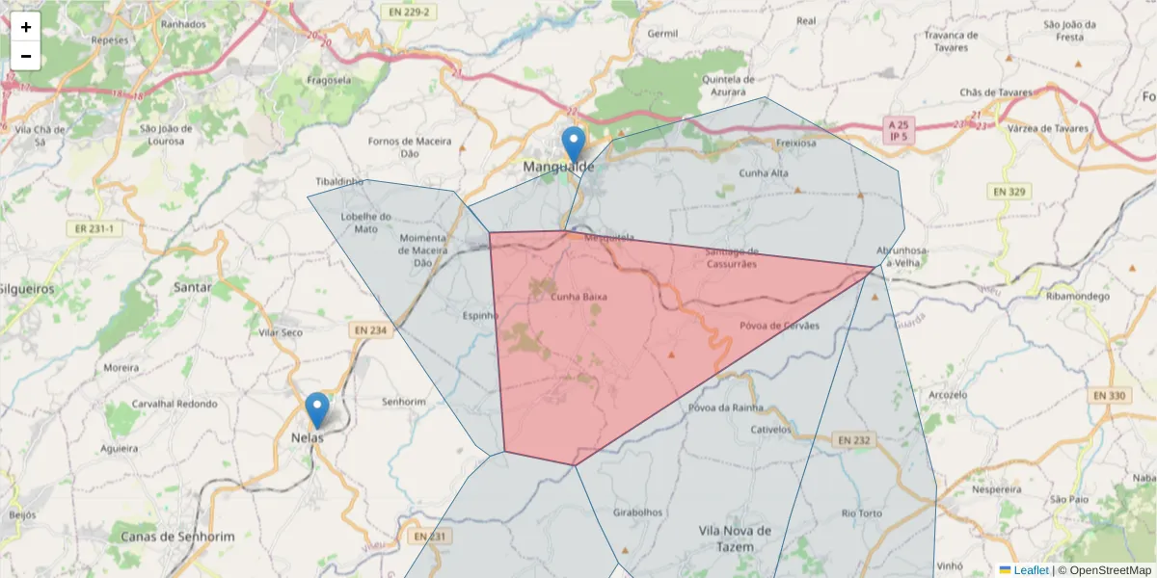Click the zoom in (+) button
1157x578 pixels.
26,27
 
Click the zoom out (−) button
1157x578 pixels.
26,56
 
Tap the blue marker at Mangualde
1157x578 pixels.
574,144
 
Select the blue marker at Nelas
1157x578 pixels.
316,410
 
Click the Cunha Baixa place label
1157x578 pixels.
578,297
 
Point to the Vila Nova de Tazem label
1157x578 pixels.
736,539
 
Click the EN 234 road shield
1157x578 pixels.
370,330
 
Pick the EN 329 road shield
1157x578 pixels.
1009,192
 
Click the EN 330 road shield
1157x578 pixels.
1111,395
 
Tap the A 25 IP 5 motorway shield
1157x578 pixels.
899,131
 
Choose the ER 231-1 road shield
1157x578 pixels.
94,228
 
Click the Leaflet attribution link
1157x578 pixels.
1030,570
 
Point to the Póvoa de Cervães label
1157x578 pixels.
779,326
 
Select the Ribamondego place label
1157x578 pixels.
1078,297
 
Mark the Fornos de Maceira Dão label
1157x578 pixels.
410,146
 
